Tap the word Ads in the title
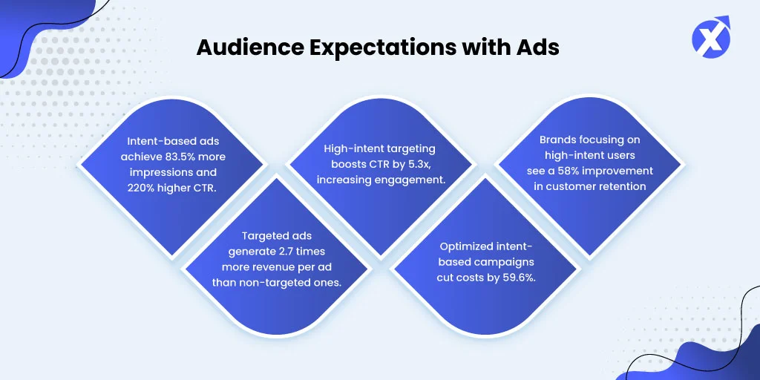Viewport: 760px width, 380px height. (x=541, y=48)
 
